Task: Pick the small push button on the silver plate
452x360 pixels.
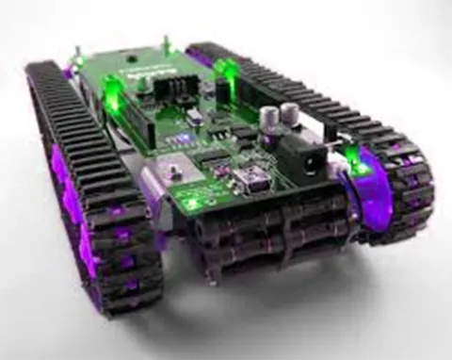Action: click(x=172, y=172)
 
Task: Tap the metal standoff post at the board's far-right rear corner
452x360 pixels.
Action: click(x=167, y=41)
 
